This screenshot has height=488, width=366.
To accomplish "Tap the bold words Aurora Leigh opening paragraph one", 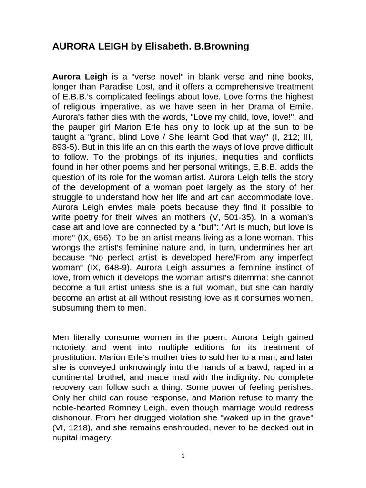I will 80,77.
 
